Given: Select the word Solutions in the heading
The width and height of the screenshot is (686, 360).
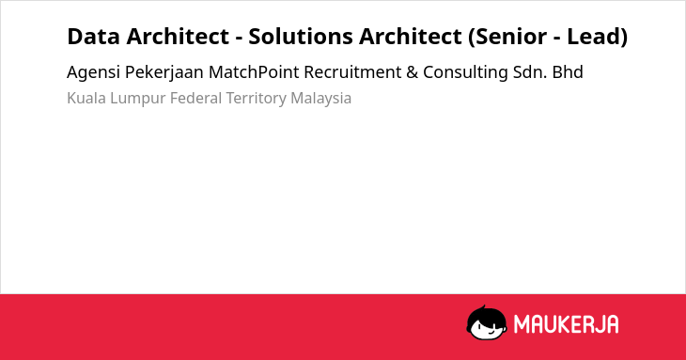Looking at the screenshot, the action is (x=301, y=37).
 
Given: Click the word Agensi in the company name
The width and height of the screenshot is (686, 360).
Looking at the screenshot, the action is (x=93, y=72).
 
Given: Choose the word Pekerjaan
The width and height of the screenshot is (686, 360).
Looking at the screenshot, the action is (x=164, y=72).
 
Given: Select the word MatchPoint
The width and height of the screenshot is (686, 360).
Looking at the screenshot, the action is (x=254, y=72).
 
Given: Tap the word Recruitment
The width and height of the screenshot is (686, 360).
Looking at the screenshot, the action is (x=352, y=72).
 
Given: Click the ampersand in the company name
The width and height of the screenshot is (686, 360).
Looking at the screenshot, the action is (x=412, y=72).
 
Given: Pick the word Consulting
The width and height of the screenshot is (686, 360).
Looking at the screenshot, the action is (x=465, y=72).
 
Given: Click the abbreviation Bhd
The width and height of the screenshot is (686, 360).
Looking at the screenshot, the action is (x=568, y=72).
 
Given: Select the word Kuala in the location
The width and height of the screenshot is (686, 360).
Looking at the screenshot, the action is (x=86, y=98).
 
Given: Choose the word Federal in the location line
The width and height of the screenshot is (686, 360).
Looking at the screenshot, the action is (x=196, y=98).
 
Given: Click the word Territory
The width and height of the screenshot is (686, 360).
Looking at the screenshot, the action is (x=256, y=99).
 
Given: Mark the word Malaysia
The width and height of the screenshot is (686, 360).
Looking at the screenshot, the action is (x=321, y=99).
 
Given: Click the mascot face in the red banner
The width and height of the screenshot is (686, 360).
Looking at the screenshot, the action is (x=487, y=322).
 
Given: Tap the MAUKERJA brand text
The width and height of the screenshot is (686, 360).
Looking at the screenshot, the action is (x=566, y=324).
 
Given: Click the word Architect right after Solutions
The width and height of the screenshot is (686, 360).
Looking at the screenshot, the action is (x=411, y=37).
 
